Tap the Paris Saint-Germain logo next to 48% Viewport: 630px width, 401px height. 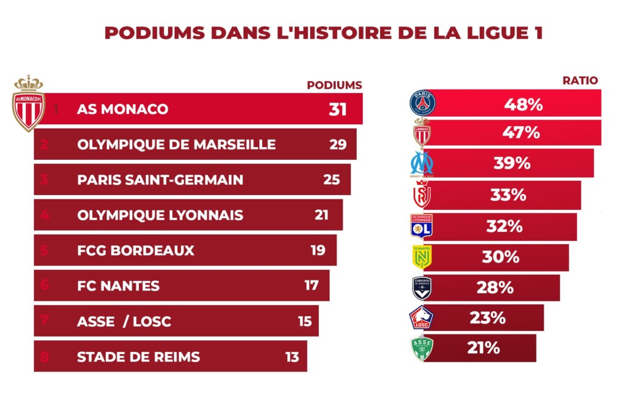click(x=422, y=103)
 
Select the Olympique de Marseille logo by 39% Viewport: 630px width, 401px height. click(x=422, y=163)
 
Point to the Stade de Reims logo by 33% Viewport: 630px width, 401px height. click(x=422, y=195)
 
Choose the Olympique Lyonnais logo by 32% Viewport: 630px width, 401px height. click(x=421, y=226)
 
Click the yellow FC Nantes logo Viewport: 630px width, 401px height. click(x=422, y=256)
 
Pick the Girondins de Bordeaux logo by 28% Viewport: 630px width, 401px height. click(x=422, y=287)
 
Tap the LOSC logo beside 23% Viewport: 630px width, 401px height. click(x=421, y=318)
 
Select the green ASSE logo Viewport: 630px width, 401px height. click(x=422, y=348)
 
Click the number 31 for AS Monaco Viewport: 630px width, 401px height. click(x=338, y=109)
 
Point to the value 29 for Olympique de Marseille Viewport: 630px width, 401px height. click(x=338, y=145)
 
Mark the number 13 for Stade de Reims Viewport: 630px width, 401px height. click(x=292, y=357)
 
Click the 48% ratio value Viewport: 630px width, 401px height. click(x=524, y=105)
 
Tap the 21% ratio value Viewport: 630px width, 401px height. click(x=483, y=348)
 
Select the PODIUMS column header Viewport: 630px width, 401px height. click(x=334, y=85)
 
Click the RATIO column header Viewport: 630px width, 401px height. click(x=580, y=81)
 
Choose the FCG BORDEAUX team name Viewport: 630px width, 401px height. click(x=135, y=250)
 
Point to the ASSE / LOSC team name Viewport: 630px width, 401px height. click(x=124, y=322)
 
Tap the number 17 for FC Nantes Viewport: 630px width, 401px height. click(x=311, y=285)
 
